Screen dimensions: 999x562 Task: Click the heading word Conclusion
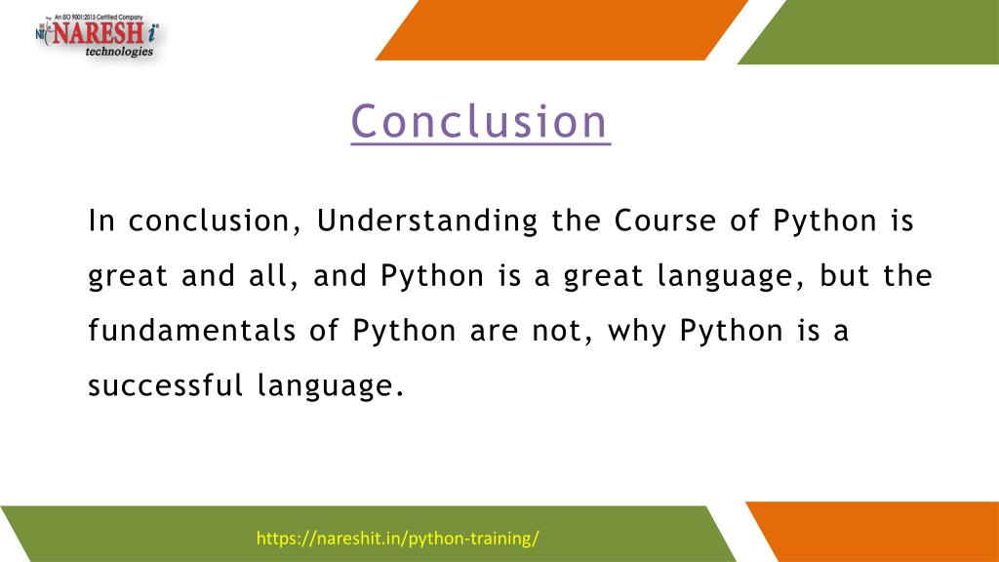[480, 121]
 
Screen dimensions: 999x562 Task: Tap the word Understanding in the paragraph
[427, 221]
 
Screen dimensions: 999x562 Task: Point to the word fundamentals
[192, 330]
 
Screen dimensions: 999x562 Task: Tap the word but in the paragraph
[844, 275]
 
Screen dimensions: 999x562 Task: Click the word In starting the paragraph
[101, 221]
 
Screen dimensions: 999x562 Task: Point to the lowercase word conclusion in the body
[215, 221]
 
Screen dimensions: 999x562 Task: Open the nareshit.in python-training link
[398, 539]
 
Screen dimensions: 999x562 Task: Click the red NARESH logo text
[98, 32]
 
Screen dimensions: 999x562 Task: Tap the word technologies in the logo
[119, 52]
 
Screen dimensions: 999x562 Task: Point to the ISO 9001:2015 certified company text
[99, 18]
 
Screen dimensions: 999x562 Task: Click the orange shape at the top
[561, 30]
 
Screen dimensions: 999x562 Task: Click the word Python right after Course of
[825, 221]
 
